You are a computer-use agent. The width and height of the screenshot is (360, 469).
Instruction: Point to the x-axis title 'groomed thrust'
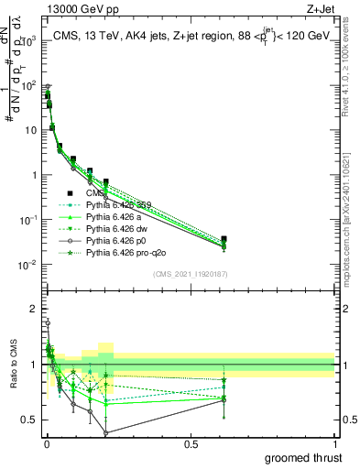click(303, 457)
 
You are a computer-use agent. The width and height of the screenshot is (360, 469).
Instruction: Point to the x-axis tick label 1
click(334, 444)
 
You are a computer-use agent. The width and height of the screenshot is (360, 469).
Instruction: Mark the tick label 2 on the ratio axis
click(33, 308)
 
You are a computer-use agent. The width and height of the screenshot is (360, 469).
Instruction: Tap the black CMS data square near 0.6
click(224, 239)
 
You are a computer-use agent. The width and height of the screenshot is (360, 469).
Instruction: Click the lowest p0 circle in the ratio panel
click(106, 432)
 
